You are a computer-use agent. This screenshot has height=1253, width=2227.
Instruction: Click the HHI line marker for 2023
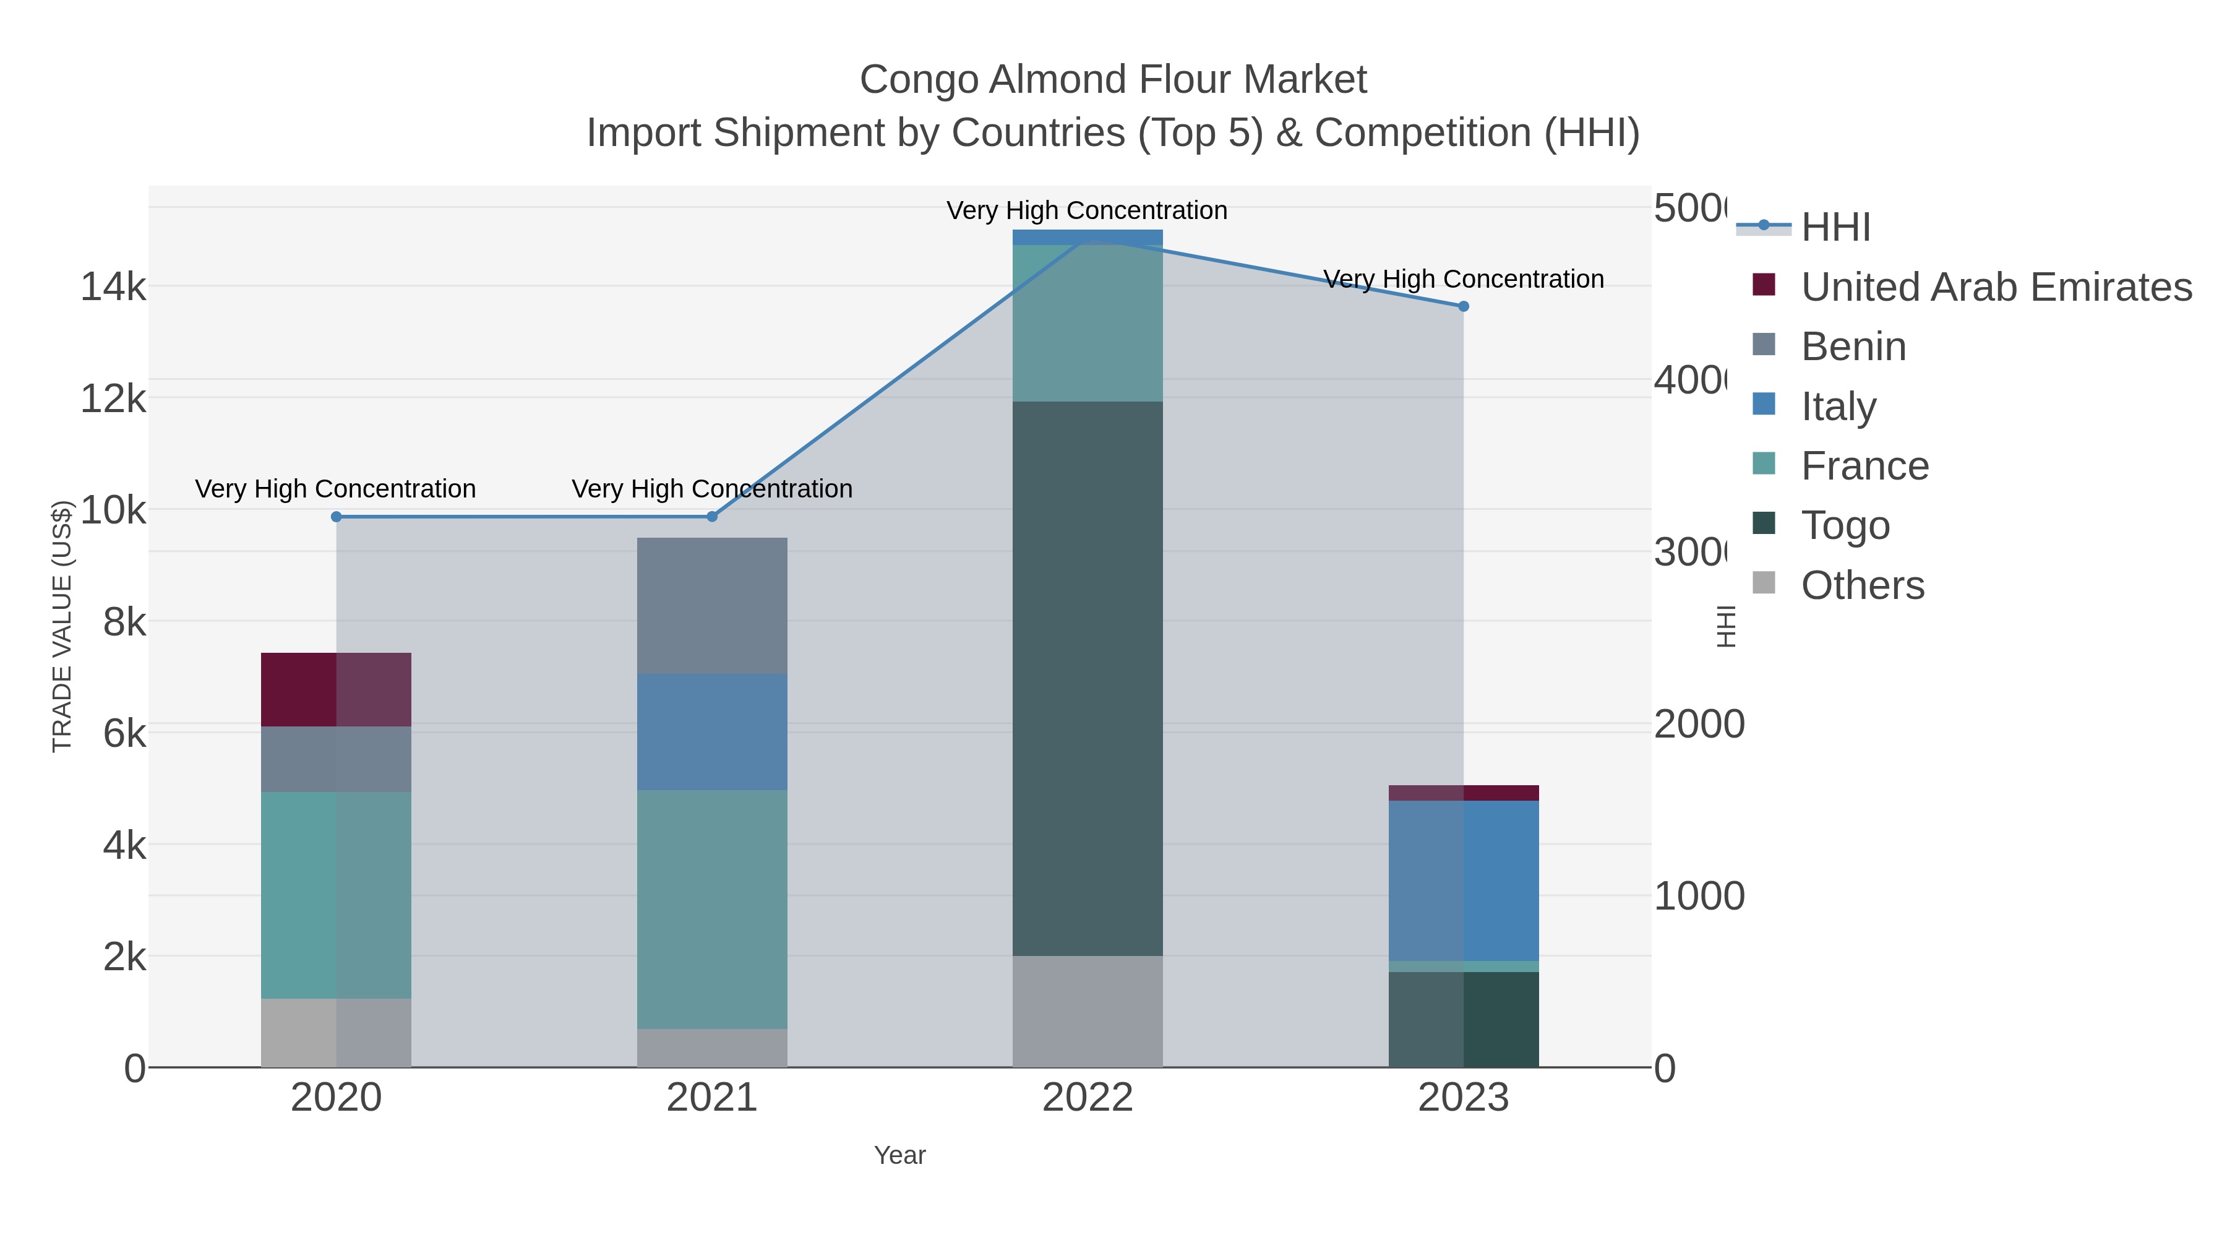(1463, 306)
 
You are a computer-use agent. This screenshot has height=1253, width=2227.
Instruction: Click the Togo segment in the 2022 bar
(1087, 679)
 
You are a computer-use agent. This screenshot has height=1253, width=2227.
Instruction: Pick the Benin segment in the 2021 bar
(711, 605)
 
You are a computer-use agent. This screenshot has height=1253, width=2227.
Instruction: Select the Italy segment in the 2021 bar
(711, 731)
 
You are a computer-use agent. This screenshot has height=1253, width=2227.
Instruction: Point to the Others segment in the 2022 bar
(1087, 1011)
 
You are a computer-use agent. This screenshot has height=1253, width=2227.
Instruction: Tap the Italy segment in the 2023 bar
(1463, 881)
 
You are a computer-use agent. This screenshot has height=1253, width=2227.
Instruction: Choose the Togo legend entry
(1844, 525)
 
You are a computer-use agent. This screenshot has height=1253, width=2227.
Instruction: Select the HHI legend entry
(1835, 226)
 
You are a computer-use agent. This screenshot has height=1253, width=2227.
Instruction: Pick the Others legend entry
(1861, 585)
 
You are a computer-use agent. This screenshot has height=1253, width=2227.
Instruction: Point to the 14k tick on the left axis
(113, 286)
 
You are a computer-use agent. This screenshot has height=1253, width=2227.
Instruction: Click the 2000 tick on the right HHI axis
(1698, 724)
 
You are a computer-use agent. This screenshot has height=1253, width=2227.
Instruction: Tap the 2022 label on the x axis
(1087, 1097)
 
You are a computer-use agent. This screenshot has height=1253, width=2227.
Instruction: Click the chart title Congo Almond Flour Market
(1113, 80)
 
